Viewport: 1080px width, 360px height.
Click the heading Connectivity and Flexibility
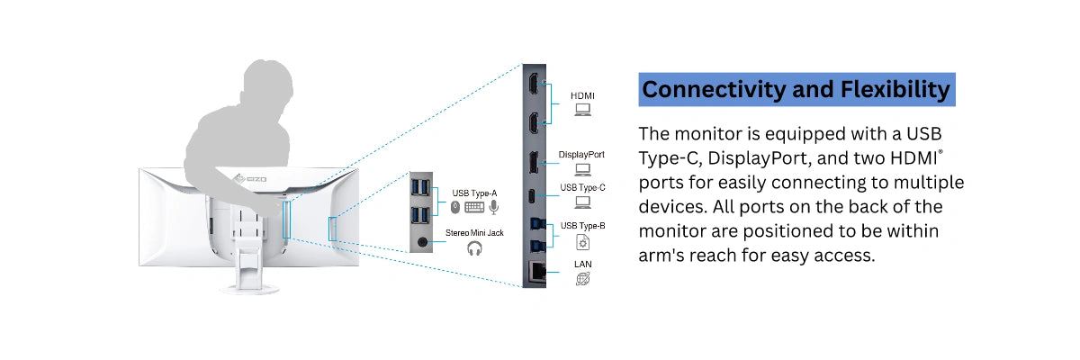coord(796,90)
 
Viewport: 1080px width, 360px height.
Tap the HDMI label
coord(582,94)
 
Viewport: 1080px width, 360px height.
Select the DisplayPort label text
coord(581,154)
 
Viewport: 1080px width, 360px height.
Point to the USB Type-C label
coord(582,187)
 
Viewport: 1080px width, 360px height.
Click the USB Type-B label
coord(582,225)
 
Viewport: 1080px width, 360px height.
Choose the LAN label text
coord(582,264)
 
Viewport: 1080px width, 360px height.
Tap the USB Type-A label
coord(474,193)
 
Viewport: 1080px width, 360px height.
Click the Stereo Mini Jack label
coord(474,233)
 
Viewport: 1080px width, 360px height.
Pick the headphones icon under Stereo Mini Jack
coord(474,249)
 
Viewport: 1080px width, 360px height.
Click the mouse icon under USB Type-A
coord(455,207)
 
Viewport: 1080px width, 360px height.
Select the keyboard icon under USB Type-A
coord(474,207)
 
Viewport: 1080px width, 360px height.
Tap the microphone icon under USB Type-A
coord(493,207)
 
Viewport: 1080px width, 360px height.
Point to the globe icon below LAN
coord(582,280)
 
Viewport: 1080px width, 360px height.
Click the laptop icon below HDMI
coord(582,111)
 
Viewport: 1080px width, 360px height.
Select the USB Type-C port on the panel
coord(534,195)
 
